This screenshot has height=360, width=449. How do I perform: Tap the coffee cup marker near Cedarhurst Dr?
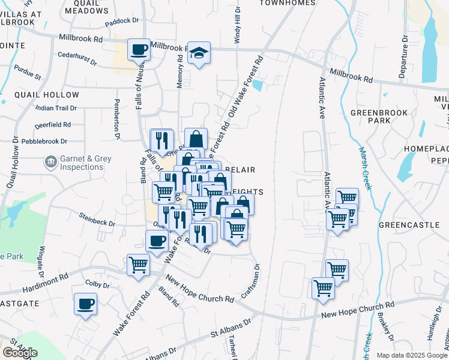pos(139,49)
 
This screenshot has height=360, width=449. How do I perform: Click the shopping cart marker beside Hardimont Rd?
pos(139,264)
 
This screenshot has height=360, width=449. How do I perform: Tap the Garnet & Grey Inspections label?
pos(82,163)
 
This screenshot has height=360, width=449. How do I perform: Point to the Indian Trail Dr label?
pos(56,108)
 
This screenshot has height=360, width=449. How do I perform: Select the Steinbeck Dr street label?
pos(97,219)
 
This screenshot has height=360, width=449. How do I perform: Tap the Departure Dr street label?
pos(404,57)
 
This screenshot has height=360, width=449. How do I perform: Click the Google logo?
pos(20,353)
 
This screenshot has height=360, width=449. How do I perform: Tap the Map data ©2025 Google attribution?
pos(412,355)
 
